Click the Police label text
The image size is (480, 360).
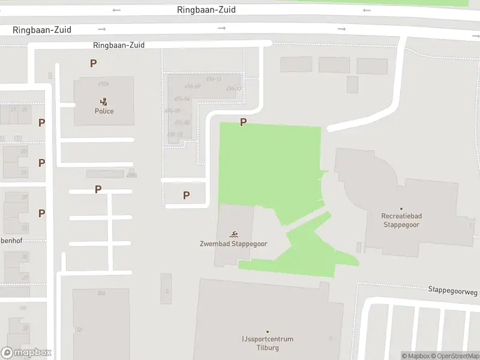[104, 111]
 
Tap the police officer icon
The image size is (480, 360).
[104, 101]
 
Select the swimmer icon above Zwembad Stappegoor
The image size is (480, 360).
[233, 234]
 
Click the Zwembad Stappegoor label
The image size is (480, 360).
[233, 244]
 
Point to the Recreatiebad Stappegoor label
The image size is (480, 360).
[401, 220]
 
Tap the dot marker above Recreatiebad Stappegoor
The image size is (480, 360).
[401, 209]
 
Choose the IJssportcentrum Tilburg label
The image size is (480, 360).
[268, 343]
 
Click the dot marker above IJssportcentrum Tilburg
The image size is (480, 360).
[268, 332]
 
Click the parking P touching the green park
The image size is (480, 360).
[243, 122]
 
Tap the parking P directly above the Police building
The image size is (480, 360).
[93, 63]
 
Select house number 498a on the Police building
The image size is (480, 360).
[103, 84]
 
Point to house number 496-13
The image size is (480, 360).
[214, 79]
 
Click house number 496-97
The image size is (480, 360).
[234, 89]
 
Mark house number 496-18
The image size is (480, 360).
[175, 134]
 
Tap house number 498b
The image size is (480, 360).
[132, 175]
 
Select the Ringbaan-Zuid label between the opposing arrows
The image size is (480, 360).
[206, 10]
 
